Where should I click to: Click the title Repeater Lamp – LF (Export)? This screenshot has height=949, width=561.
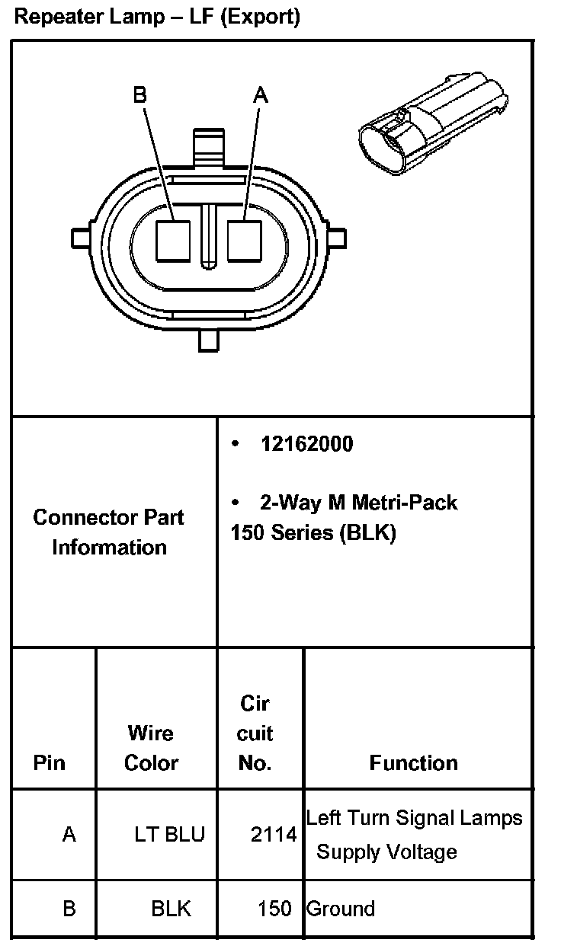(x=157, y=18)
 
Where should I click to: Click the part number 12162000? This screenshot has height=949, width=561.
(x=306, y=444)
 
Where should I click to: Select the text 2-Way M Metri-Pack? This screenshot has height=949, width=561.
(x=358, y=503)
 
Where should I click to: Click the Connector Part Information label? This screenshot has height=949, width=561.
(x=109, y=532)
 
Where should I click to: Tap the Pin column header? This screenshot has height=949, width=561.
(x=50, y=762)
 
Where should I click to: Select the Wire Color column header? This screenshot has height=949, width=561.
(x=151, y=748)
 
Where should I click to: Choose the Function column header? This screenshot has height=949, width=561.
(x=413, y=762)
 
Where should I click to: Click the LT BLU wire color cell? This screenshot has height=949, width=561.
(x=169, y=834)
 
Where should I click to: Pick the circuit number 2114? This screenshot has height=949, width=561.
(x=273, y=836)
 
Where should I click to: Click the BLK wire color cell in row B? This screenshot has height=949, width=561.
(x=171, y=908)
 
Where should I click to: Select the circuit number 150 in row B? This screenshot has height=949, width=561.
(x=274, y=908)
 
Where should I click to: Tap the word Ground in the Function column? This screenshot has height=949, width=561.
(x=340, y=909)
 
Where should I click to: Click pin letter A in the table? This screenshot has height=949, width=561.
(x=69, y=834)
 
